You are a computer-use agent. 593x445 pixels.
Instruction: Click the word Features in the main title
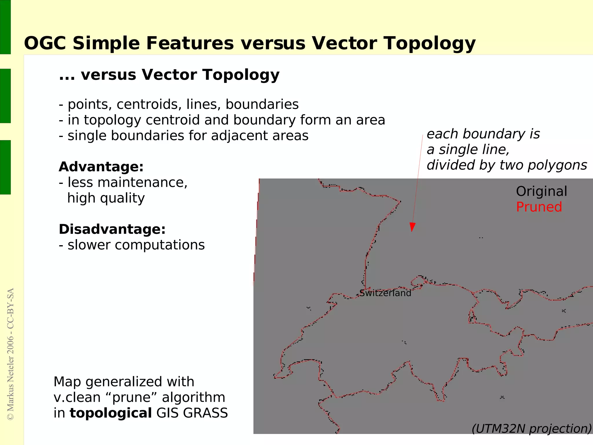[x=190, y=43]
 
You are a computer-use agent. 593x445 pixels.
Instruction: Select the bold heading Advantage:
[x=101, y=167]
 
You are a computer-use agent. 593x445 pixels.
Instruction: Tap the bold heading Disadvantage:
[x=112, y=229]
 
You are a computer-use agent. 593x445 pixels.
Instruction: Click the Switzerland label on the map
[x=385, y=293]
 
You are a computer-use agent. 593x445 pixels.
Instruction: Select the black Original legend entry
[x=541, y=191]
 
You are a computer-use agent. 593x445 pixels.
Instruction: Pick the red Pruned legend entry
[x=539, y=207]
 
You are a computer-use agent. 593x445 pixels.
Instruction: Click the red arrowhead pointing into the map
[x=412, y=227]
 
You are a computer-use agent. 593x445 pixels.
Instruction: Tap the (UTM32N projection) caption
[x=532, y=429]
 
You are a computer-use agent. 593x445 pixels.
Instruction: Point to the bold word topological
[x=111, y=413]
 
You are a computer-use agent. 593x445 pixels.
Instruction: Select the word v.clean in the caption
[x=76, y=398]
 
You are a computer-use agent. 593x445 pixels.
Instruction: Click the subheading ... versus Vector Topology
[x=169, y=75]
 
